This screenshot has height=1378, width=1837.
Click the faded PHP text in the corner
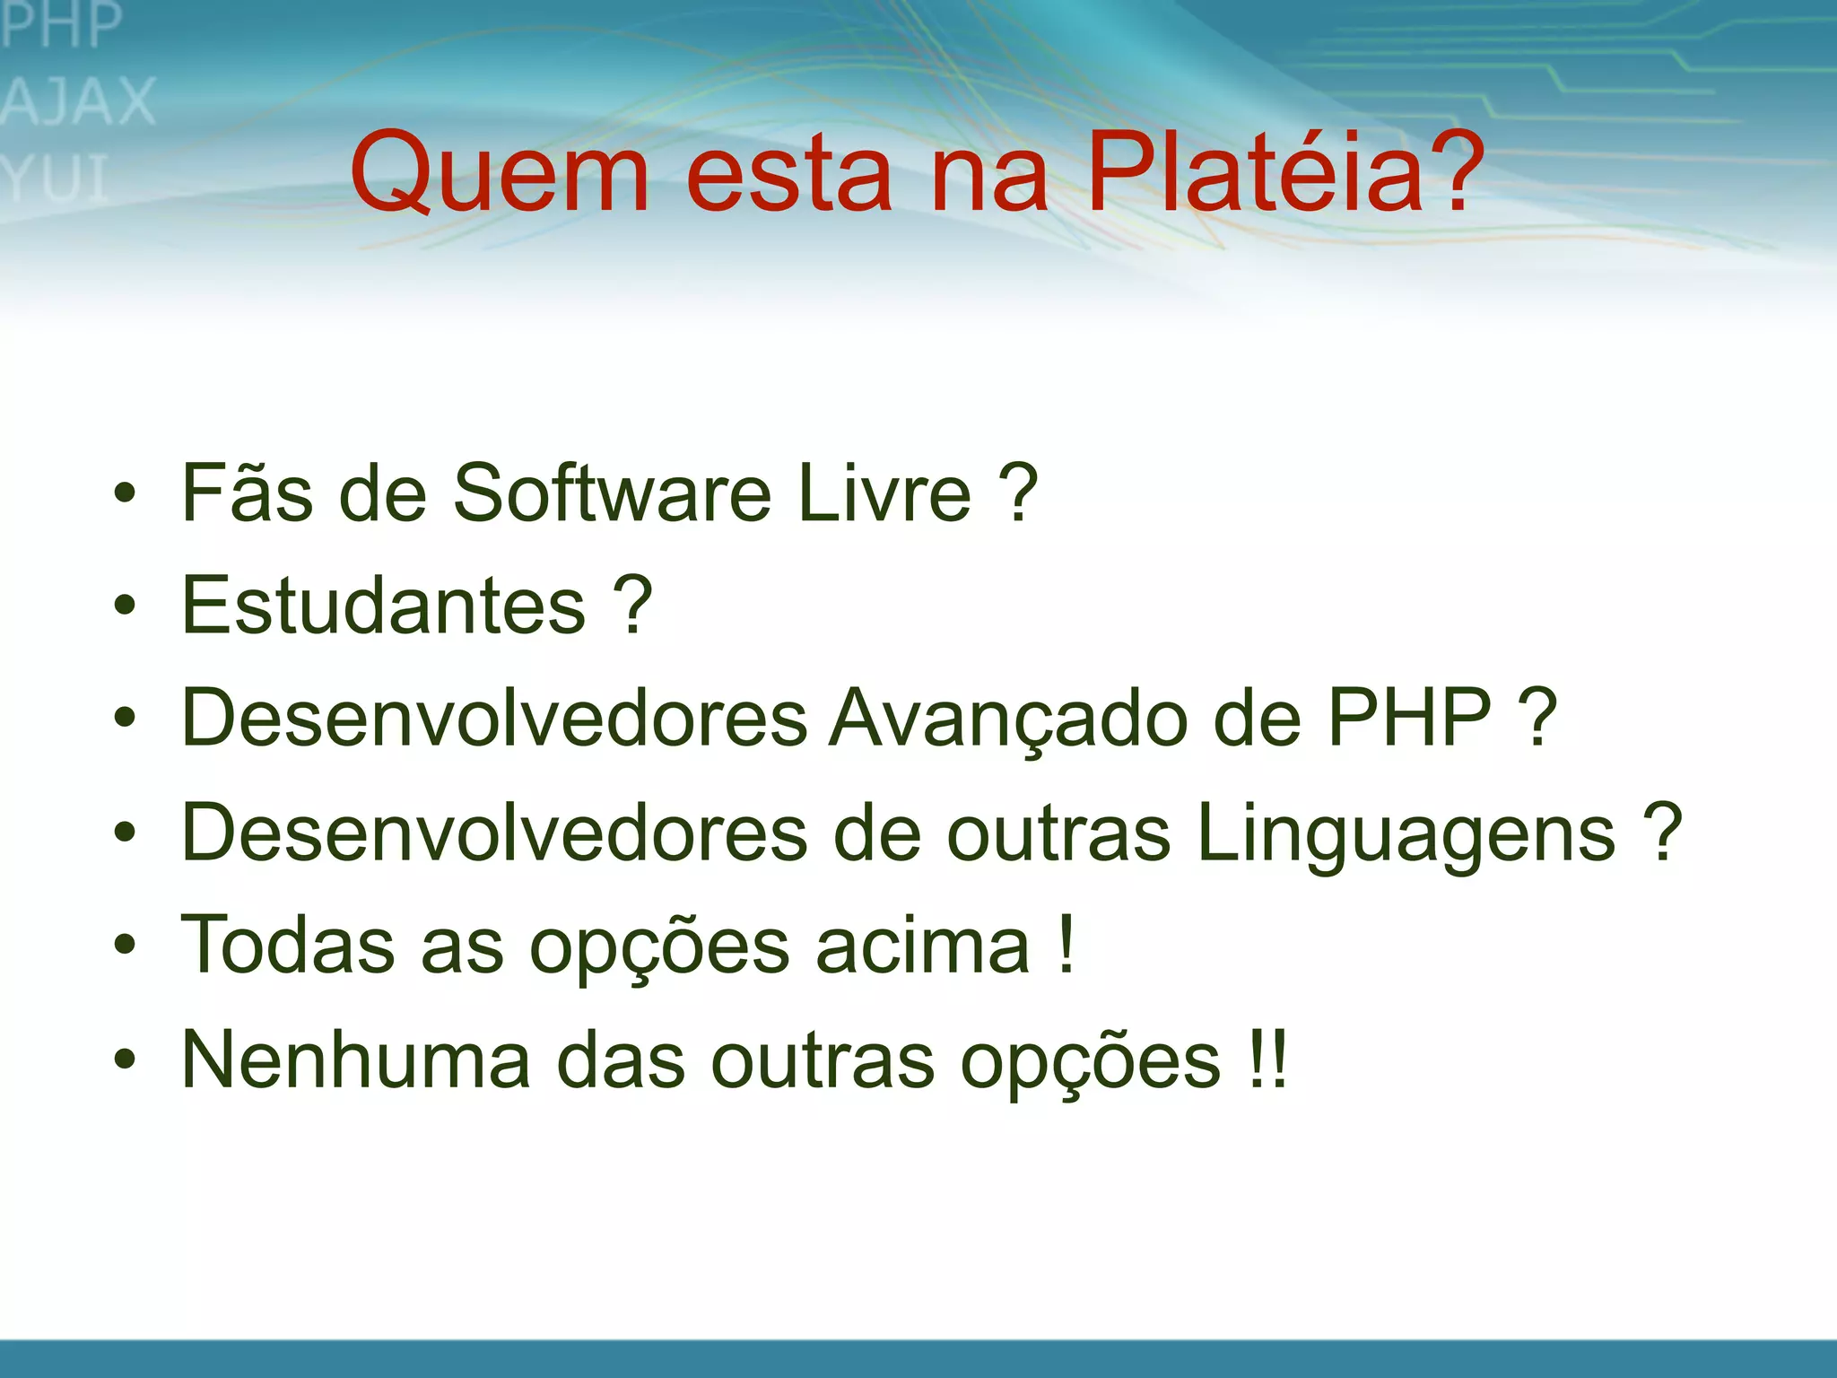pos(61,25)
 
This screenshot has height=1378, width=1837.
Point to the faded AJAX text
pos(79,101)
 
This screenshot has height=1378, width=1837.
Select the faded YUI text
pos(56,179)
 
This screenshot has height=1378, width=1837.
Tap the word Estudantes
pos(384,606)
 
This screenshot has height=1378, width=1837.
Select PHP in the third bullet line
pos(1409,718)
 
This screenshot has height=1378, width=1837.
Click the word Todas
pos(288,946)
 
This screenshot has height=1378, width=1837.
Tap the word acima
pos(923,946)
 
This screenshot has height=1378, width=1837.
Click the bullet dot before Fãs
pos(125,493)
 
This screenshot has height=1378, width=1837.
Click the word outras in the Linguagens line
pos(1058,833)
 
